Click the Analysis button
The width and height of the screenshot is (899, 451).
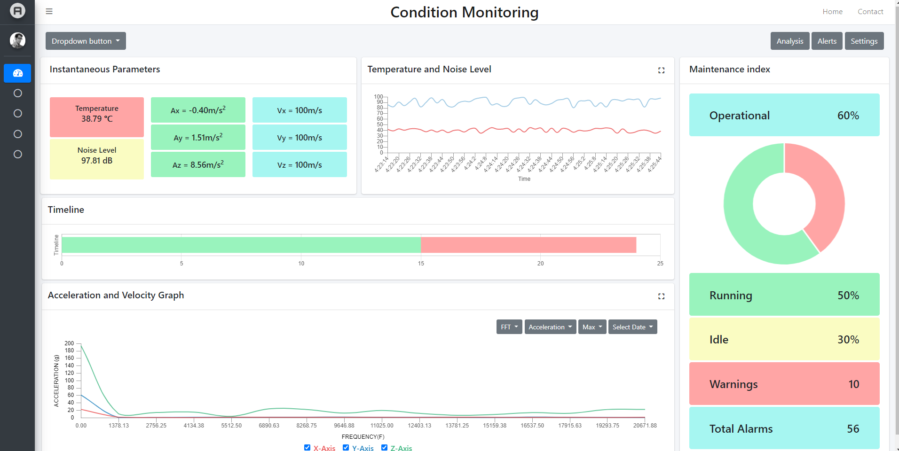click(x=789, y=41)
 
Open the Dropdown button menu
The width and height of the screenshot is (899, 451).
click(x=86, y=41)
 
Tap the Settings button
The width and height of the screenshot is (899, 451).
click(x=864, y=41)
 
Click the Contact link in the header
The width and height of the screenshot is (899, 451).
click(x=870, y=12)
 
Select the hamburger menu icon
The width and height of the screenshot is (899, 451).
click(x=49, y=11)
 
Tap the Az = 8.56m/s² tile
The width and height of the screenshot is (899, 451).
click(x=198, y=164)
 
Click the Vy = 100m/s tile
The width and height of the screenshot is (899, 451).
click(x=300, y=137)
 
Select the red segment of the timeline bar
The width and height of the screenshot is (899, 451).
click(x=528, y=245)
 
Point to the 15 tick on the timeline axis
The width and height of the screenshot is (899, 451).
click(x=421, y=263)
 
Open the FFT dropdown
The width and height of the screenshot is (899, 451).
click(x=509, y=327)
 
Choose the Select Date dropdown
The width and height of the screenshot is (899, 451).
click(x=632, y=327)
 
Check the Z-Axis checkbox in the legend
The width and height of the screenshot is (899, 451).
click(x=384, y=447)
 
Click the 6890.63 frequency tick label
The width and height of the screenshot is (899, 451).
click(x=269, y=425)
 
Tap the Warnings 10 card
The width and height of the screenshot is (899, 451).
click(x=784, y=384)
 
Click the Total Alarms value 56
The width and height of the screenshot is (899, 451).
click(x=852, y=428)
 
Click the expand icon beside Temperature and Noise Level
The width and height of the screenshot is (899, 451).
click(x=661, y=70)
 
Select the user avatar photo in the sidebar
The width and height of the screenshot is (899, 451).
click(x=17, y=40)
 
